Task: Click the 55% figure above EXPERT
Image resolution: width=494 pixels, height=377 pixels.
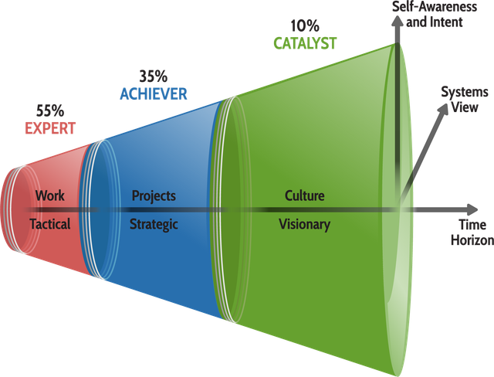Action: pos(50,110)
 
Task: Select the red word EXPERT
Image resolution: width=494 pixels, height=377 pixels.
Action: pos(50,128)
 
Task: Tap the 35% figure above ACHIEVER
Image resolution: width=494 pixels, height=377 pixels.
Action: pos(154,76)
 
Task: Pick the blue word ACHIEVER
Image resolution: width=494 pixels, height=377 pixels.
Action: pos(154,94)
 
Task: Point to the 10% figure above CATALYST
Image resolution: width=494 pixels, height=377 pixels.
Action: pos(305,25)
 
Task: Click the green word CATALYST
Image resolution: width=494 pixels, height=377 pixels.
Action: pos(305,43)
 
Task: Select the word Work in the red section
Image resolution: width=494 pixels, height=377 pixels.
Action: pos(50,195)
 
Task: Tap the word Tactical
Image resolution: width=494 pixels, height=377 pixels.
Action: pos(50,224)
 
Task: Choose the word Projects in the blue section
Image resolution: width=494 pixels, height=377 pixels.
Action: pos(154,196)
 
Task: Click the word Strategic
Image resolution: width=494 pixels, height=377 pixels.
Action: pos(154,225)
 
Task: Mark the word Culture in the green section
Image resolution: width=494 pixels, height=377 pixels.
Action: pos(305,195)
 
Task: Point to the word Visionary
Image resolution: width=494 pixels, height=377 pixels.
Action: pos(305,225)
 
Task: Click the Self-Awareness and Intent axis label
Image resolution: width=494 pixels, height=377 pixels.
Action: pos(435,15)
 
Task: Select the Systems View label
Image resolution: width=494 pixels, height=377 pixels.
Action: pos(465,100)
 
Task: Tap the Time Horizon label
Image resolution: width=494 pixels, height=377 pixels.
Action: pos(472,233)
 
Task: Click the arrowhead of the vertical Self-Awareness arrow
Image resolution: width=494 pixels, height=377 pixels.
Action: pos(398,22)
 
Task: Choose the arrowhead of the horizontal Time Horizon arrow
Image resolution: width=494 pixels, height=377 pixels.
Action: pos(472,210)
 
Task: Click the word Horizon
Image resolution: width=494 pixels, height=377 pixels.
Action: pos(472,240)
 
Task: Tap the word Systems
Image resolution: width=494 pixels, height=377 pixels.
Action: pos(465,93)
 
